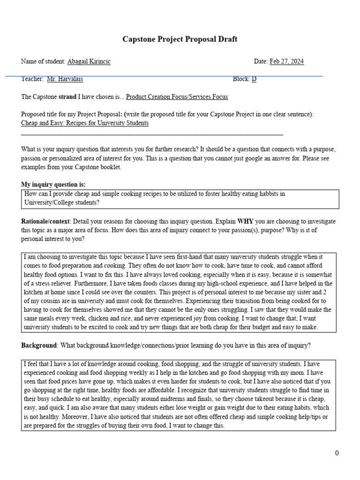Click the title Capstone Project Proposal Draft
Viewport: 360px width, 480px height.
(180, 39)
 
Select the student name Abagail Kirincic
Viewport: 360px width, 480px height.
(89, 62)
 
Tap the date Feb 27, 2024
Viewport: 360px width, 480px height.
(286, 62)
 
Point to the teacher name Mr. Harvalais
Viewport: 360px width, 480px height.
(65, 79)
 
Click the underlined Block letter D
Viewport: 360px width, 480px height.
(254, 79)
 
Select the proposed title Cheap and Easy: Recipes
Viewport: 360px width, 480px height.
(85, 123)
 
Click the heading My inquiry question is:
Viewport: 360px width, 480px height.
(53, 184)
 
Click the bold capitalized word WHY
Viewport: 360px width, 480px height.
(246, 221)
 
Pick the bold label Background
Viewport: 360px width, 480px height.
(38, 345)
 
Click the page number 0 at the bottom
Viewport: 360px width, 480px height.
(337, 453)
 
